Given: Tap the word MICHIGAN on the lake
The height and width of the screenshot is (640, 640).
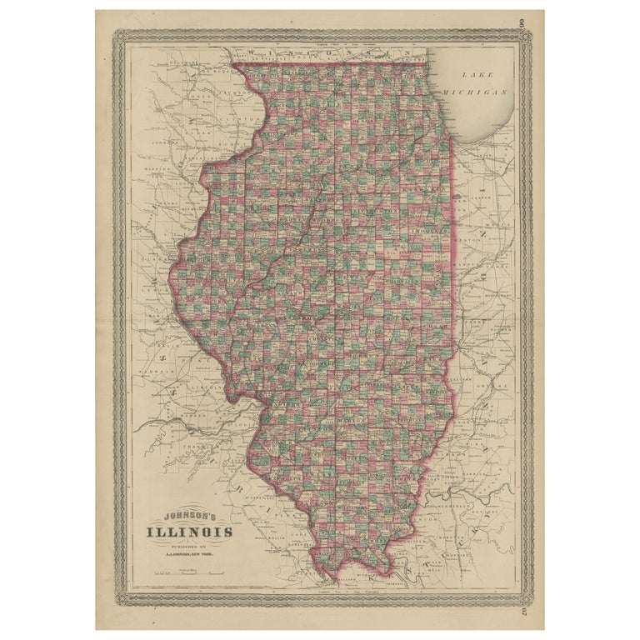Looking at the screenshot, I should coord(476,92).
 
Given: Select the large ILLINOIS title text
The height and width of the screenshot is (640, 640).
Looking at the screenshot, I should coord(190,532).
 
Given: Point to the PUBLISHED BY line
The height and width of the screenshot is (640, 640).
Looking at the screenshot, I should coord(190,546).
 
